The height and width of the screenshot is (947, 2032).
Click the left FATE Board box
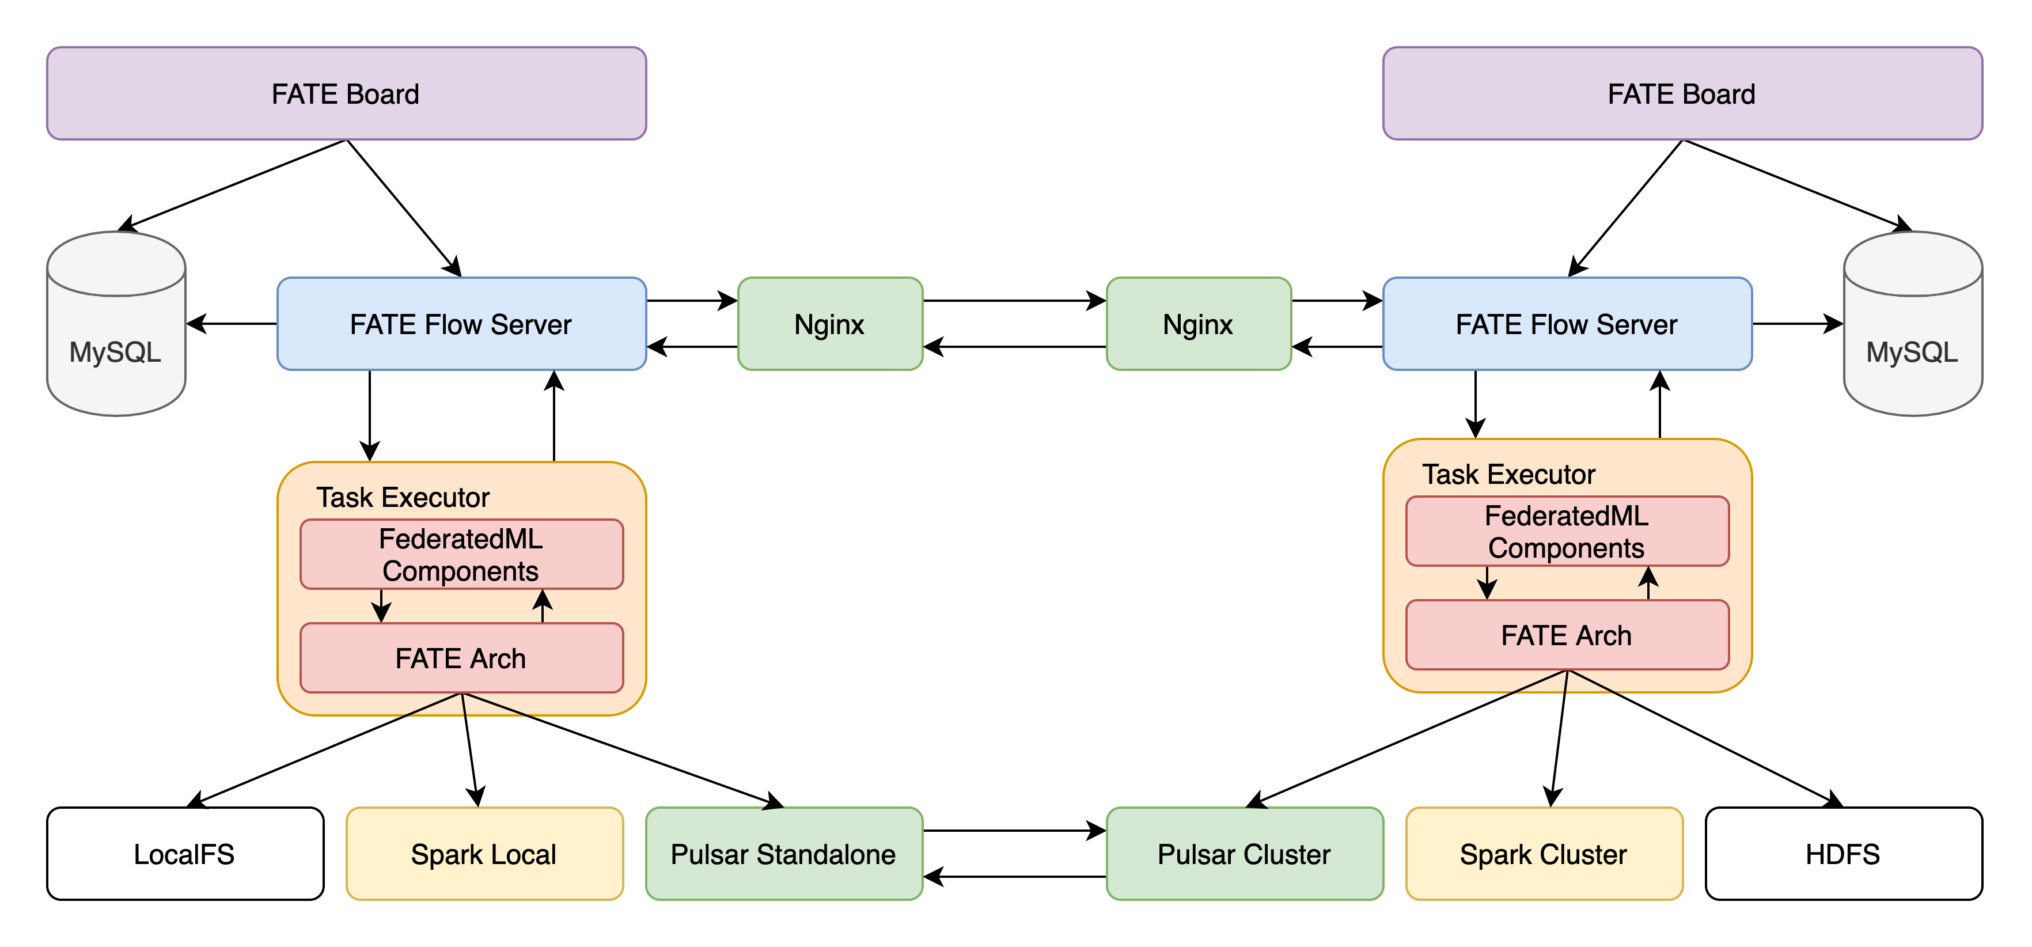pyautogui.click(x=346, y=94)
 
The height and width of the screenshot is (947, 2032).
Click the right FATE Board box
pyautogui.click(x=1682, y=94)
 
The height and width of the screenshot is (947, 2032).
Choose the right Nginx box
pyautogui.click(x=1198, y=324)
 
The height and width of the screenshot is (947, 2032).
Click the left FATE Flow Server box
pyautogui.click(x=461, y=324)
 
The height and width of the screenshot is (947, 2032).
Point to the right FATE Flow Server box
pyautogui.click(x=1567, y=324)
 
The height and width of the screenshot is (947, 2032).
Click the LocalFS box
pyautogui.click(x=184, y=854)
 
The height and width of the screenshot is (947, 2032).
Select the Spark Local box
pyautogui.click(x=484, y=854)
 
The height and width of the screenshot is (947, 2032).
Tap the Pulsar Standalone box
pyautogui.click(x=783, y=854)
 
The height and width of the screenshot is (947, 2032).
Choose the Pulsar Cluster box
pyautogui.click(x=1244, y=854)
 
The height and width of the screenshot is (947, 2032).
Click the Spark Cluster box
pyautogui.click(x=1544, y=854)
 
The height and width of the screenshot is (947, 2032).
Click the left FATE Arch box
pyautogui.click(x=461, y=658)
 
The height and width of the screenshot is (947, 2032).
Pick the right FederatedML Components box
pyautogui.click(x=1567, y=531)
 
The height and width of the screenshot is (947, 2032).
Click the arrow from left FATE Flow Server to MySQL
pyautogui.click(x=232, y=324)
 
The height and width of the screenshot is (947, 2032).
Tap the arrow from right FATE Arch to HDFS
pyautogui.click(x=1704, y=738)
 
